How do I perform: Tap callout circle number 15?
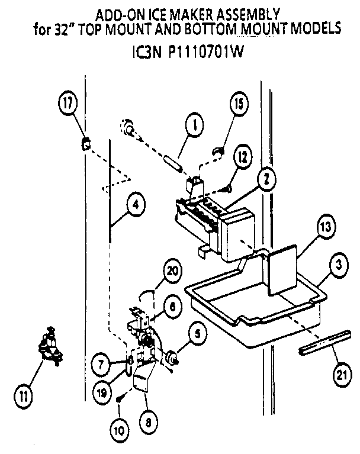238,105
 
